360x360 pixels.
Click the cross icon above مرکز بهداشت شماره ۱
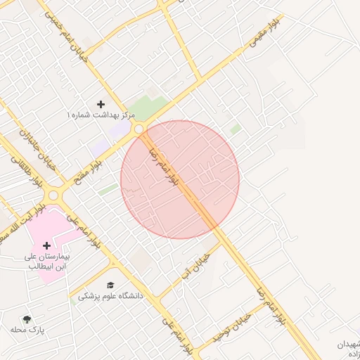(x=101, y=104)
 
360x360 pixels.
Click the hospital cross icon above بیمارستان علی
(x=47, y=245)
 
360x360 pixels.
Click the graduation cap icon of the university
(x=110, y=285)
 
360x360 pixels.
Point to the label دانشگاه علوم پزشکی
(x=110, y=296)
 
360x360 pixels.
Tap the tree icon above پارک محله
(x=27, y=319)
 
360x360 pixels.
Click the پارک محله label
(x=28, y=329)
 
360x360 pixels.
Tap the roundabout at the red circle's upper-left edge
(x=139, y=129)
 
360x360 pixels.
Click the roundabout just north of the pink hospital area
(x=53, y=195)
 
